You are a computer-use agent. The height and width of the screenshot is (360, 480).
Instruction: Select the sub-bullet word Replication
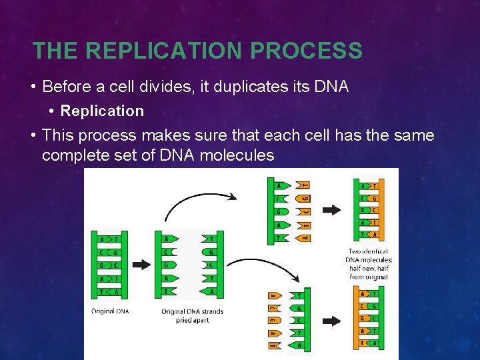(x=102, y=111)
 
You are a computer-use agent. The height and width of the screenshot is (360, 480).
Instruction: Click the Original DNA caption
(x=111, y=311)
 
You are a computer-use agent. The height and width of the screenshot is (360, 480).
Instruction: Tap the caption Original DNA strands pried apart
(x=192, y=315)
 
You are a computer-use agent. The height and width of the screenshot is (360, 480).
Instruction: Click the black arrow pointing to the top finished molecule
(x=331, y=209)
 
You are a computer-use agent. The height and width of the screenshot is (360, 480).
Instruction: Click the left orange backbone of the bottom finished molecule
(x=355, y=318)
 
